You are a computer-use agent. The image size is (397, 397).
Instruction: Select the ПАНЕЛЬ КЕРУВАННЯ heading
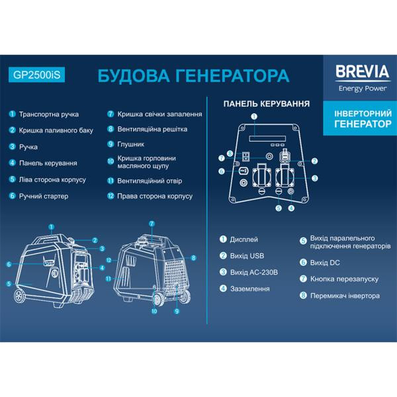267,104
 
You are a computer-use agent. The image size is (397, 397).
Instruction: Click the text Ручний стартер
44,196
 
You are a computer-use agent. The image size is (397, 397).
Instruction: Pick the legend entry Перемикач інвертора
345,295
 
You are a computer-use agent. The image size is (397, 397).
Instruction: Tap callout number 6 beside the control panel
222,171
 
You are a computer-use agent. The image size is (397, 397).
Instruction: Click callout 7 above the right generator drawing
151,223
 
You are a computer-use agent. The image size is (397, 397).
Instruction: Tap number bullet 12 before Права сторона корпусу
110,196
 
